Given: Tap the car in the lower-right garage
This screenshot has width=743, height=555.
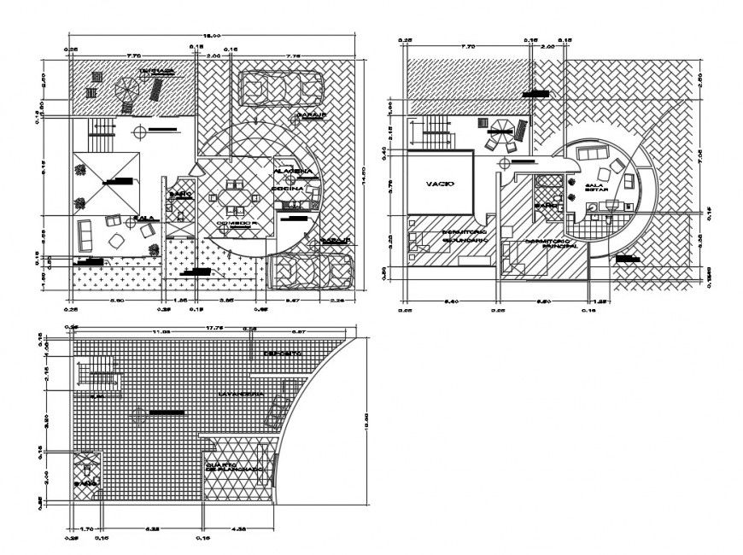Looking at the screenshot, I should (310, 272).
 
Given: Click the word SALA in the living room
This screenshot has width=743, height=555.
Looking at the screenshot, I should (144, 219).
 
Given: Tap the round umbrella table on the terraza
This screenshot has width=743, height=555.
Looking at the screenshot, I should (125, 89).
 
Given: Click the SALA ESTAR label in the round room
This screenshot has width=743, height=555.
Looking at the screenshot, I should (594, 187).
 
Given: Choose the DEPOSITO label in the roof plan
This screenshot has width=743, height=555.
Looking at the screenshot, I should (282, 353).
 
